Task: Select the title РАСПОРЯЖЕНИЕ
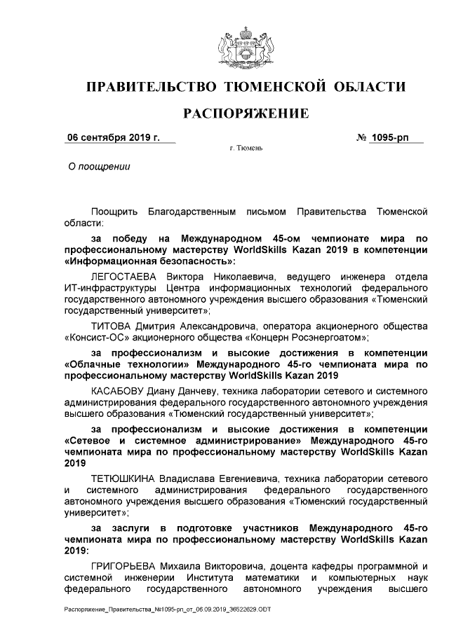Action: tap(246, 113)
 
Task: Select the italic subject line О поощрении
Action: tap(98, 167)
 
